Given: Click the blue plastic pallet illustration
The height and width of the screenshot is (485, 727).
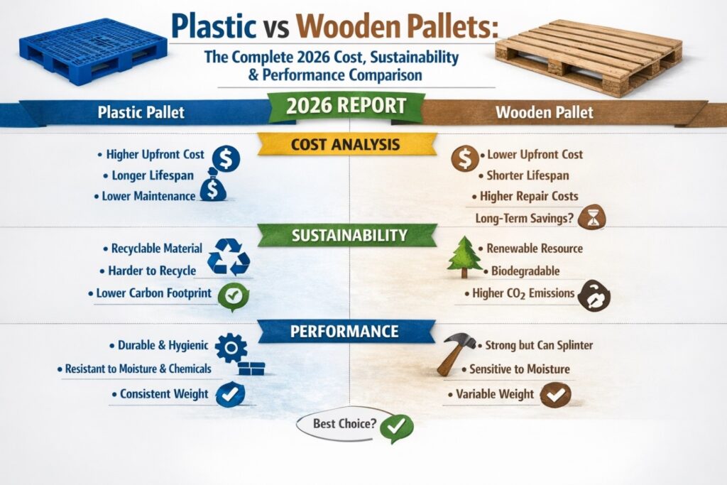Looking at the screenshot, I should pyautogui.click(x=94, y=50).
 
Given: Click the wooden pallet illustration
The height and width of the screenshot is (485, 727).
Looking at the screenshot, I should pyautogui.click(x=589, y=56).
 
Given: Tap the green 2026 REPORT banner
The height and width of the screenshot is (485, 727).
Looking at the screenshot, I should pyautogui.click(x=346, y=107).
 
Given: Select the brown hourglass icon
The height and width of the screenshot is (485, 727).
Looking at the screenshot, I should pyautogui.click(x=589, y=217).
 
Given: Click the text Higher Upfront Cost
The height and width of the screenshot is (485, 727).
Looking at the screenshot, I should pyautogui.click(x=155, y=154).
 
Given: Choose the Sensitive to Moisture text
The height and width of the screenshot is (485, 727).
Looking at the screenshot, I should pyautogui.click(x=520, y=369).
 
